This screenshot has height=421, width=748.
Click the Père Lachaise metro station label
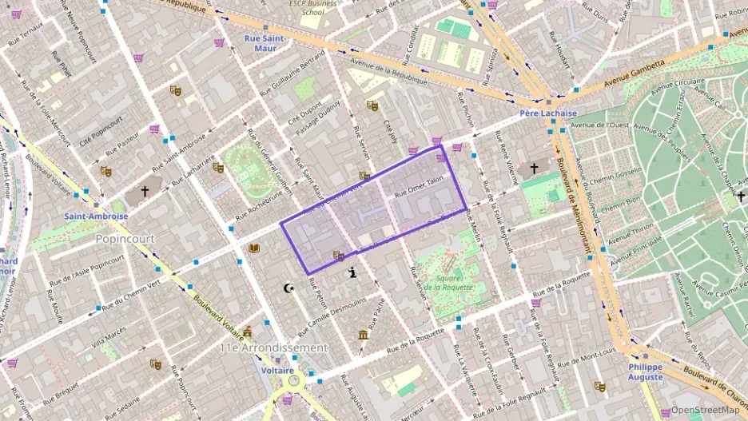547,113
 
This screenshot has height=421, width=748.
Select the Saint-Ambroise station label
96,216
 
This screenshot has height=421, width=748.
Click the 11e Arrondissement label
273,348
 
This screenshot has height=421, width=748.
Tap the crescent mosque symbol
289,288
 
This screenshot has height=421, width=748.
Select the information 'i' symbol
352,273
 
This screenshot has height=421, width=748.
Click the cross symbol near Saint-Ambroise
145,192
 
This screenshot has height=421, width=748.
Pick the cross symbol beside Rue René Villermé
534,169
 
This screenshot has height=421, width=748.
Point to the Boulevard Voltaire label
217,315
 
